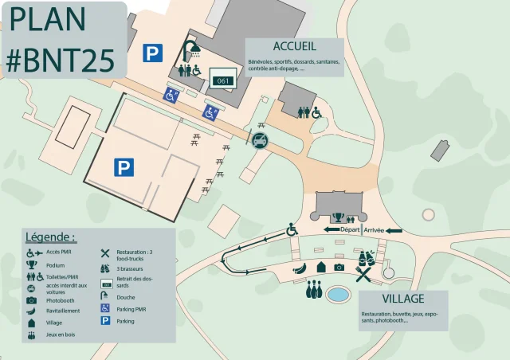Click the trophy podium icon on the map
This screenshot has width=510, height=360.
[338, 216]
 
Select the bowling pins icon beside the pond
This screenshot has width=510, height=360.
[314, 291]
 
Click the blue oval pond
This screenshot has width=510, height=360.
[339, 295]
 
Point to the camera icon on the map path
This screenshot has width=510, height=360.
[339, 268]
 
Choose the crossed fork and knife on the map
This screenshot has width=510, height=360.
[363, 276]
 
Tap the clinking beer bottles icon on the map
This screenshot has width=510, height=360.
[367, 259]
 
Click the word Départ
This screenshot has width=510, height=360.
[351, 230]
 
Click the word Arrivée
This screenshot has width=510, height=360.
[374, 230]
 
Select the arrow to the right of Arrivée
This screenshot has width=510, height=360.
[394, 230]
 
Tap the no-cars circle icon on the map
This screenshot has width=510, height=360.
[259, 142]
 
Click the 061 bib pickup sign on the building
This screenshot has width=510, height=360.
[222, 80]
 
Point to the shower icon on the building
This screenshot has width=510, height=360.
[191, 50]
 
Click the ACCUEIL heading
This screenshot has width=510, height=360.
[294, 46]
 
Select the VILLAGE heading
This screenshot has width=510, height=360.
[402, 299]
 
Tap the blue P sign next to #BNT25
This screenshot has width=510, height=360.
[151, 53]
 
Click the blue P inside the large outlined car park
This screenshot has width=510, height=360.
[123, 167]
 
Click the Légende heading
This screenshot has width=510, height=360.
[50, 237]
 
